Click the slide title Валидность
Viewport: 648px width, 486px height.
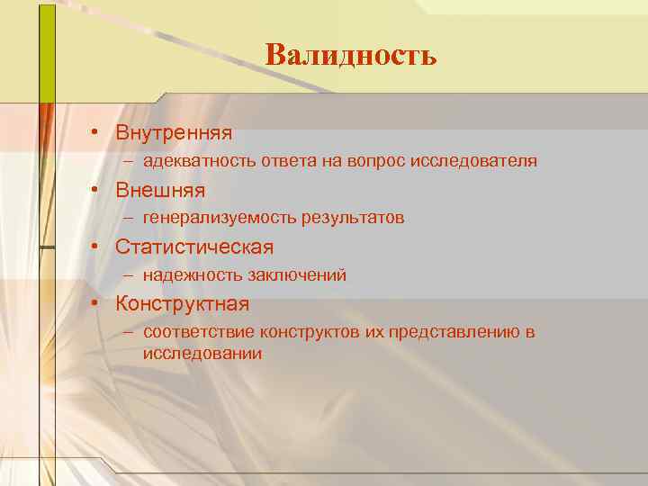(x=351, y=56)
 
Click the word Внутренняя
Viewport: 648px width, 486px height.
(x=174, y=133)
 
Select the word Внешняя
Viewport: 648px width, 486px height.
(x=160, y=191)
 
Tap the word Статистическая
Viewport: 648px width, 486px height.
(x=194, y=247)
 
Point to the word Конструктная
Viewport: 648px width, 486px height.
(x=182, y=304)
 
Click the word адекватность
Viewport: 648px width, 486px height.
(x=199, y=162)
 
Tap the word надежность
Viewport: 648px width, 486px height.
(x=185, y=275)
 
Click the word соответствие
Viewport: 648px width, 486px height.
(x=198, y=333)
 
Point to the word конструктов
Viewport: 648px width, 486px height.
(x=310, y=333)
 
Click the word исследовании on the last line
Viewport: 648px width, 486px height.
(x=202, y=354)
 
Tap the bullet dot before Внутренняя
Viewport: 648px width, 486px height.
(x=94, y=134)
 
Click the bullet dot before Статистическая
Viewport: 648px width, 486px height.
(x=94, y=247)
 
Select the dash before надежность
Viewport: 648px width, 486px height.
(x=130, y=275)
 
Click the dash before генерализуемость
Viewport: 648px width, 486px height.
(x=130, y=218)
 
